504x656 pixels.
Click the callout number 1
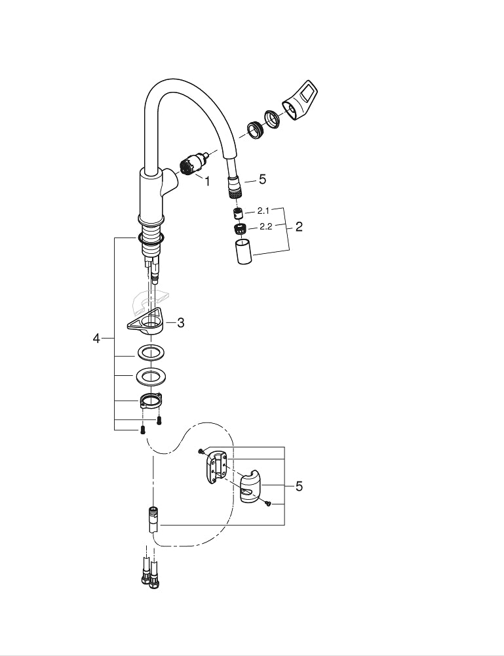(207, 181)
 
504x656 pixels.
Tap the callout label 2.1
(263, 211)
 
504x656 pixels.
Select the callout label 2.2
(266, 227)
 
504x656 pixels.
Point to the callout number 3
(180, 323)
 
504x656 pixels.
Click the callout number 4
(96, 338)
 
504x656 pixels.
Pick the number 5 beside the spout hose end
(262, 180)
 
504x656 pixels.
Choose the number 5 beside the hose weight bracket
(299, 487)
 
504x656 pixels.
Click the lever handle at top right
(300, 100)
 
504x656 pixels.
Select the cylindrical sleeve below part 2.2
(244, 251)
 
